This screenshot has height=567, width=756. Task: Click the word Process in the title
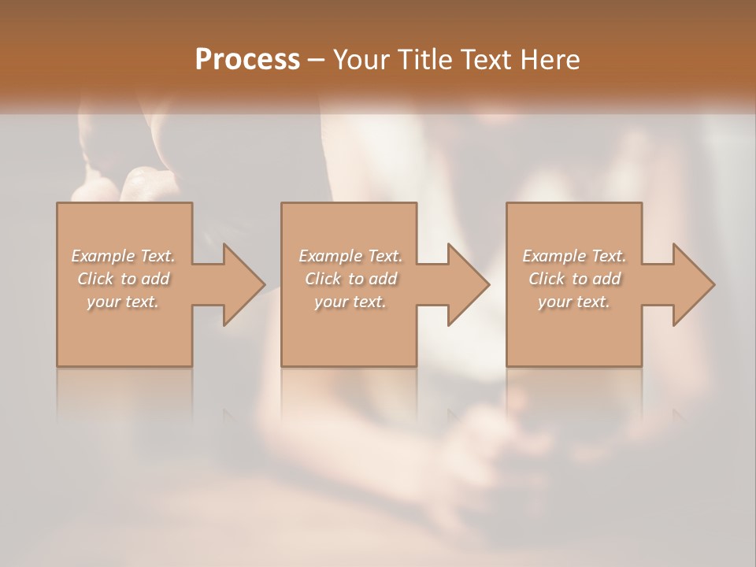pos(247,60)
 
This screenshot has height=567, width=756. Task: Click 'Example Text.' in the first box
pos(124,256)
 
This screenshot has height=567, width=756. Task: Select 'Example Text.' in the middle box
pos(350,256)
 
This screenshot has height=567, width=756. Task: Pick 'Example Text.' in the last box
pos(574,256)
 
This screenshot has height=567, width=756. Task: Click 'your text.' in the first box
pos(124,302)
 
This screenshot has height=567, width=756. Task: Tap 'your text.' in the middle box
pos(350,302)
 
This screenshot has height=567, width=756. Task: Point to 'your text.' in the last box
pos(574,302)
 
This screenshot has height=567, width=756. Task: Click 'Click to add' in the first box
pos(124,279)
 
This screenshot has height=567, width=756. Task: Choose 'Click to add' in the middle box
pos(350,279)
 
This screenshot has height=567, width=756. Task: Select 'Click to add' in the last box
pos(574,279)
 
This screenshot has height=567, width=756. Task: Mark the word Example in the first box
pos(102,256)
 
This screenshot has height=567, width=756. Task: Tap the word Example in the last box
pos(554,256)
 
